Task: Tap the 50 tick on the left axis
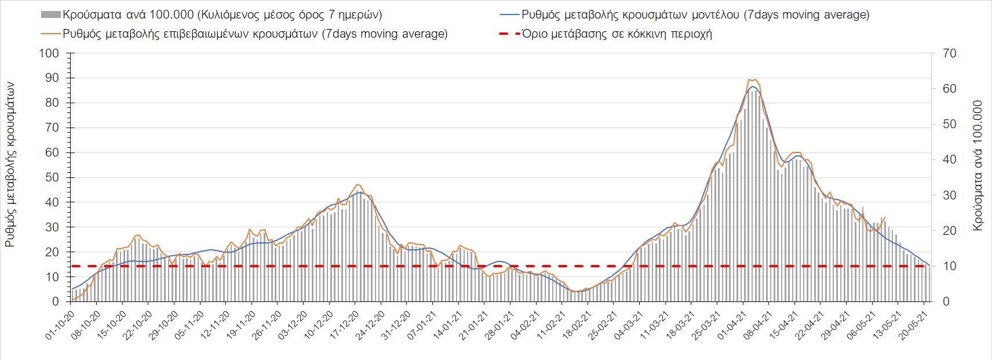pyautogui.click(x=52, y=177)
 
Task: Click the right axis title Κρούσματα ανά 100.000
pyautogui.click(x=979, y=166)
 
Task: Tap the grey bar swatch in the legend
pyautogui.click(x=50, y=15)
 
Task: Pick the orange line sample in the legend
pyautogui.click(x=50, y=34)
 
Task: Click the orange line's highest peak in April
pyautogui.click(x=752, y=79)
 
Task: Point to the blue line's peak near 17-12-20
pyautogui.click(x=359, y=192)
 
